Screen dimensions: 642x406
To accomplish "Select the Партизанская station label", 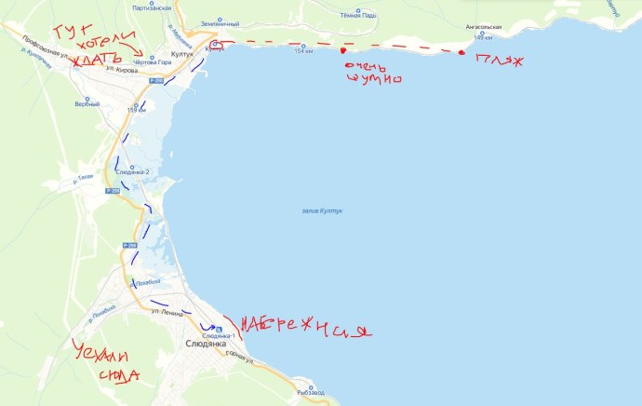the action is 152,7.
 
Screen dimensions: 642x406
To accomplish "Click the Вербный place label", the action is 87,103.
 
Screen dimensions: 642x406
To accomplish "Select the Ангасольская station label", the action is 490,28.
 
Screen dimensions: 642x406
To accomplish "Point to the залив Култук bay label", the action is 323,211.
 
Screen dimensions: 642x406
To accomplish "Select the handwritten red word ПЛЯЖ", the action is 499,61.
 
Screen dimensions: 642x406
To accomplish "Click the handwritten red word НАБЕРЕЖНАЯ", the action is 306,329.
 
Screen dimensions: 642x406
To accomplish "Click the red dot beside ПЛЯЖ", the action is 461,54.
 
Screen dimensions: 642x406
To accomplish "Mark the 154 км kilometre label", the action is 303,51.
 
